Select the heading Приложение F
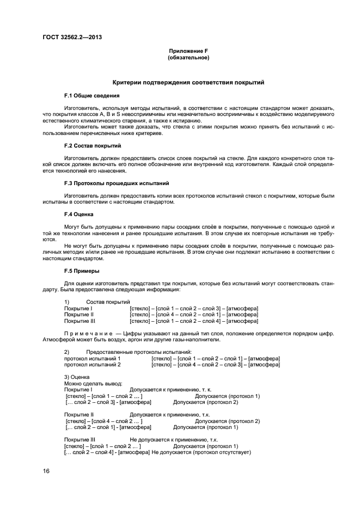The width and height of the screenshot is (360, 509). [188, 51]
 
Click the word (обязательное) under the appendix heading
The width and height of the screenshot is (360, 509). [188, 57]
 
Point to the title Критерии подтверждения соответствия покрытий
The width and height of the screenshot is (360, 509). [188, 83]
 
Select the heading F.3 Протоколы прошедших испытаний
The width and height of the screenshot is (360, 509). [117, 183]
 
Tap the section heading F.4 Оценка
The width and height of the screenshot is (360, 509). [79, 214]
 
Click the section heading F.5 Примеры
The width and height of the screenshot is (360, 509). [82, 271]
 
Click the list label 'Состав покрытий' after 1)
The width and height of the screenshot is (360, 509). [108, 302]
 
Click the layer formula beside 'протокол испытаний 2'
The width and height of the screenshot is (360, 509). [216, 365]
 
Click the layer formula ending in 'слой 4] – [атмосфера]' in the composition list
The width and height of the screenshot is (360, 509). [194, 321]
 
